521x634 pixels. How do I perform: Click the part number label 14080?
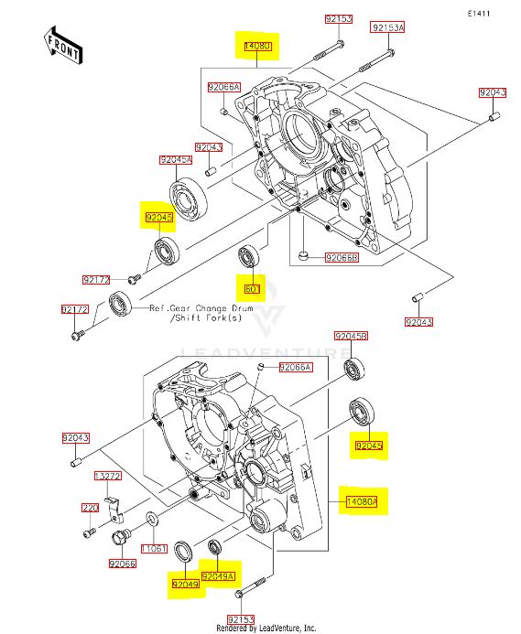(257, 47)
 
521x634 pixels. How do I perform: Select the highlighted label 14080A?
(363, 501)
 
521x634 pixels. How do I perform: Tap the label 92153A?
(388, 27)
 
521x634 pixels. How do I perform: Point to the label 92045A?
(176, 160)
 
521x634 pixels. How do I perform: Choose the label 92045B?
(351, 336)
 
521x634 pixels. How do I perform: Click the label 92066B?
(342, 258)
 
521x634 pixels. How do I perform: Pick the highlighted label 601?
(252, 289)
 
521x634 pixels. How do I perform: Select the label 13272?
(107, 476)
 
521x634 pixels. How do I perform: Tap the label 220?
(90, 508)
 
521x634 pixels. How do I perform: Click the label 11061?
(154, 548)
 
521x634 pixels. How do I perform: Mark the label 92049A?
(218, 576)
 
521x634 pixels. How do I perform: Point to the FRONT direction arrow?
(63, 46)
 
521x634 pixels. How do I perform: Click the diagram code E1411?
(479, 14)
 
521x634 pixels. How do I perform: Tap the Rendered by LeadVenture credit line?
(266, 628)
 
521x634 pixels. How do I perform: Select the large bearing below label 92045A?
(188, 199)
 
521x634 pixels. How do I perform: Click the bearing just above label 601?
(248, 256)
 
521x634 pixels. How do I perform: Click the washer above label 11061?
(152, 519)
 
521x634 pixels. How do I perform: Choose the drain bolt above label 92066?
(121, 538)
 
